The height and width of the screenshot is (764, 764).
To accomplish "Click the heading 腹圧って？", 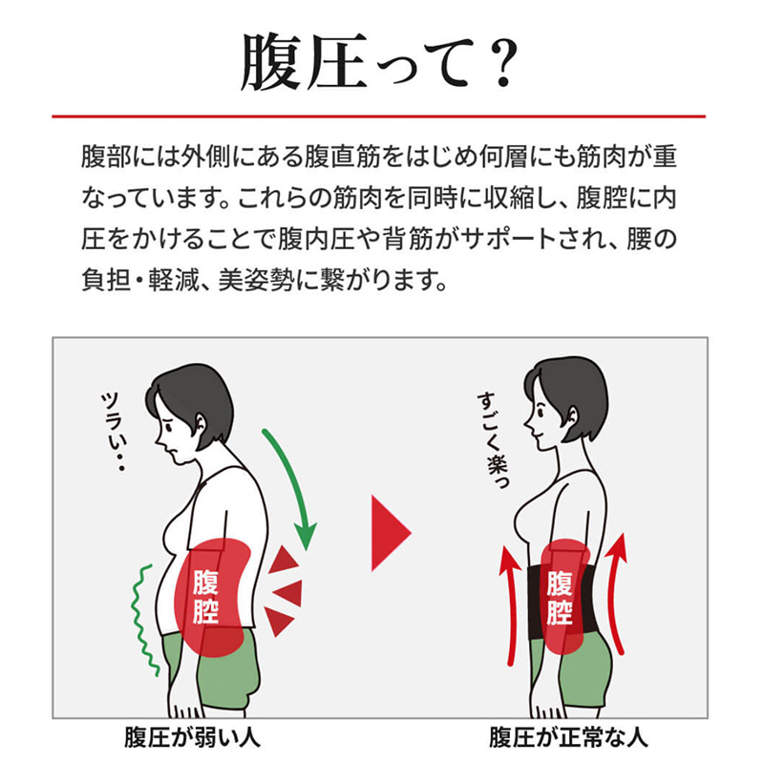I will coord(380,62).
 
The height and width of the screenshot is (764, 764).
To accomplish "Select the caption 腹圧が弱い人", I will coord(192,738).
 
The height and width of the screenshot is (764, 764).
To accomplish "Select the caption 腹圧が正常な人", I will coord(567,738).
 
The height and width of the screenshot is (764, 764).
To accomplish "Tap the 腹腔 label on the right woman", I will coord(560,597).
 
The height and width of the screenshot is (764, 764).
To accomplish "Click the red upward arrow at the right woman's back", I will coord(618,592).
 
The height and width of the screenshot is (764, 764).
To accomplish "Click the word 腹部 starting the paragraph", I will coord(101,156).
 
